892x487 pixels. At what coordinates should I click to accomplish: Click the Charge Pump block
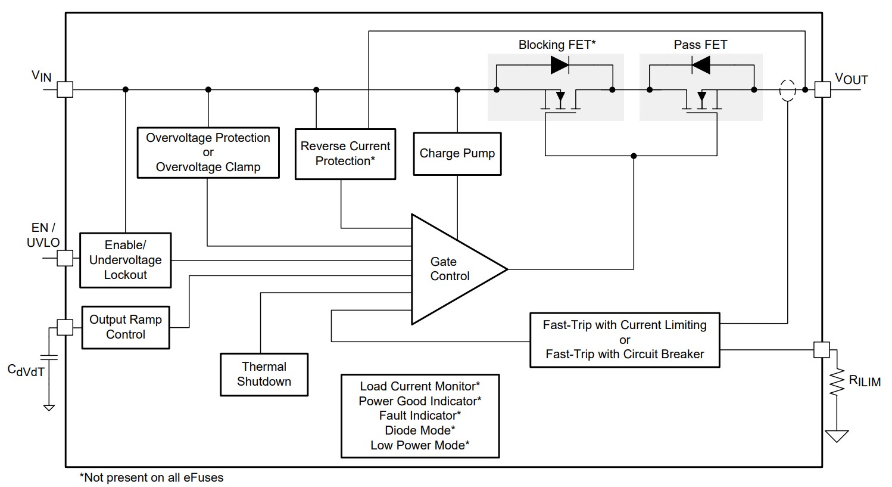coord(457,154)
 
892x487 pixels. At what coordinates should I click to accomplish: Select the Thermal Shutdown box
coord(264,374)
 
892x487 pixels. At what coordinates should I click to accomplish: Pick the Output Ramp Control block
coord(126,328)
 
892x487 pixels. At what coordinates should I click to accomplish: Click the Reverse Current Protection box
coord(345,154)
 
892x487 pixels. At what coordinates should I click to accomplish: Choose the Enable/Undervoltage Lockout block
coord(126,260)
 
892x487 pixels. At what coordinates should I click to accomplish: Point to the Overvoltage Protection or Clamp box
coord(208,153)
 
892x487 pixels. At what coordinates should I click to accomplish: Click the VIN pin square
coord(65,89)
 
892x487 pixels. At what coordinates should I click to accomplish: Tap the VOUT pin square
coord(822,89)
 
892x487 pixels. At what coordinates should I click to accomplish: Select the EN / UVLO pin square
coord(65,258)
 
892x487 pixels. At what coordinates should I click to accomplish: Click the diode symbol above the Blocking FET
coord(560,65)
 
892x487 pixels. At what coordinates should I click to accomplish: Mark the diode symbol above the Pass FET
coord(701,65)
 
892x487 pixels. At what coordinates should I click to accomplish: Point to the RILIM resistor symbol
coord(837,381)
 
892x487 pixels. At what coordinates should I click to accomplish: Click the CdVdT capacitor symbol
coord(49,357)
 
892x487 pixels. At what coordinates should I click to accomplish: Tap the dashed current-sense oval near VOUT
coord(787,91)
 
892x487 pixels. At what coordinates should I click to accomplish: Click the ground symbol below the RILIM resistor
coord(837,436)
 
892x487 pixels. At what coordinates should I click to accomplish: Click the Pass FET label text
coord(700,45)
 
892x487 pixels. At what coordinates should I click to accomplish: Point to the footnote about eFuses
coord(151,477)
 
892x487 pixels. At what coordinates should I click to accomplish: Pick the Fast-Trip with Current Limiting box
coord(625,340)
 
